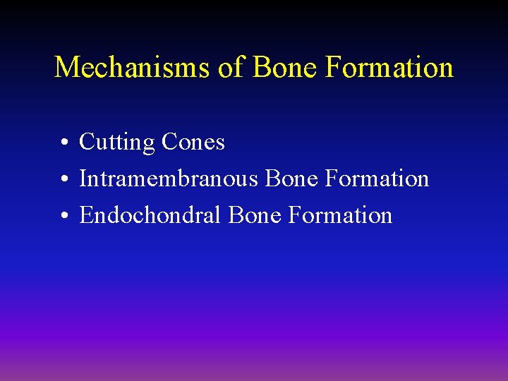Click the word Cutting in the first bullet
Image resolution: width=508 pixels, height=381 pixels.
tap(117, 143)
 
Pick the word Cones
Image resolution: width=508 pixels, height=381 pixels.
tap(193, 143)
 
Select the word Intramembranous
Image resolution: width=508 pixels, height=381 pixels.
tap(169, 179)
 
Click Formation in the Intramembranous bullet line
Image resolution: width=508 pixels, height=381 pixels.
tap(377, 179)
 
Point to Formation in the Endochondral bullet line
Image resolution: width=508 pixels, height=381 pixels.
tap(340, 215)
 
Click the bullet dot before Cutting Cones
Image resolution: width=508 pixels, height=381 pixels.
tap(64, 144)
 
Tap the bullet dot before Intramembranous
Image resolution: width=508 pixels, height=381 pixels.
tap(64, 181)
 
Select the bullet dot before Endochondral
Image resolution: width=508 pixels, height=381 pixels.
tap(64, 217)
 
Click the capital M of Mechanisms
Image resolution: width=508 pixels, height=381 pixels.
tap(66, 67)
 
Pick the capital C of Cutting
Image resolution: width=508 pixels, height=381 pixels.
tap(87, 143)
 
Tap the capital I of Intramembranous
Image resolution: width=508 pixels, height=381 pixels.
tap(83, 179)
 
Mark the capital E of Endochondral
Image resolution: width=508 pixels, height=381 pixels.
tap(86, 215)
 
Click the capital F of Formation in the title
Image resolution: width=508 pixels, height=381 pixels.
tap(334, 67)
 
